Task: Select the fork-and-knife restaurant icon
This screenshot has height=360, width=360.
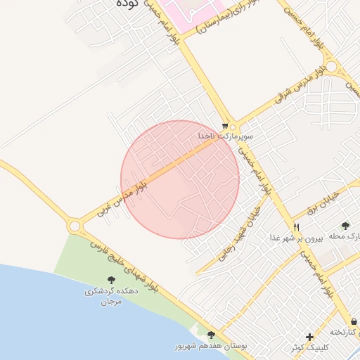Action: click(x=297, y=228)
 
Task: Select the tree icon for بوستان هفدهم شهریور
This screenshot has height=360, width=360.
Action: click(x=211, y=335)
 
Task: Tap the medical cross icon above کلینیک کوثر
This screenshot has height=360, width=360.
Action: click(x=309, y=336)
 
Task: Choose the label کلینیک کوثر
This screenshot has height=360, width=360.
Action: click(x=309, y=348)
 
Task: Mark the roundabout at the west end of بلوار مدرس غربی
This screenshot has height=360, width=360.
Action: click(x=75, y=226)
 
